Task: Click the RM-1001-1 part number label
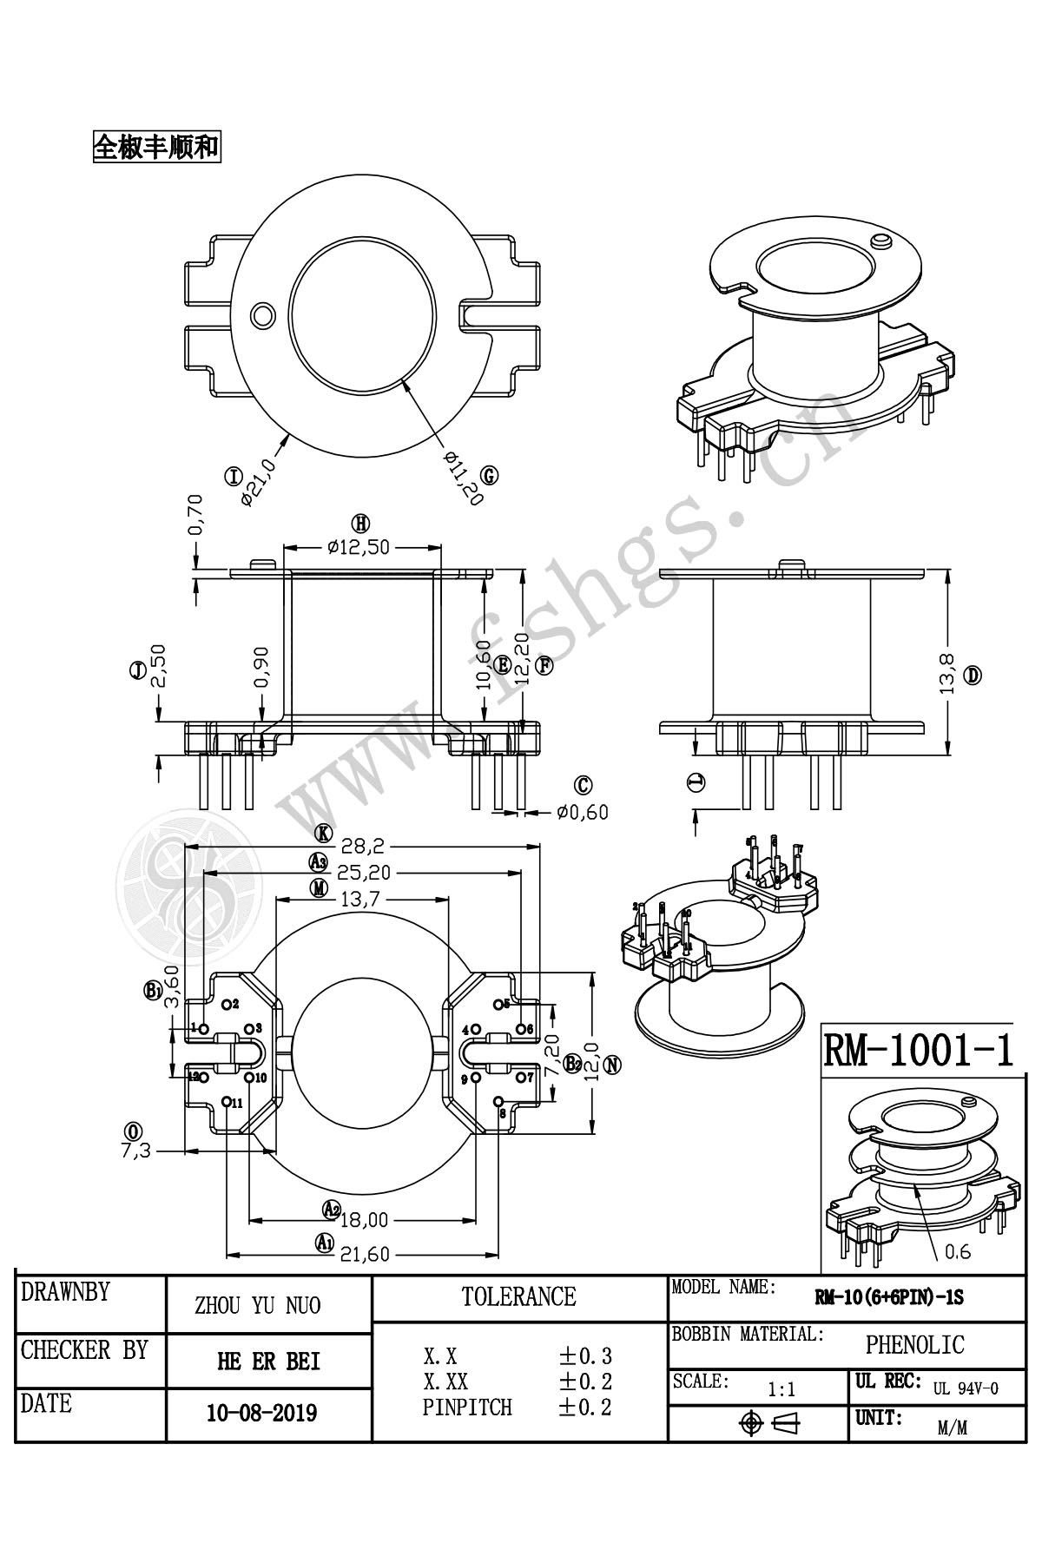pyautogui.click(x=917, y=1050)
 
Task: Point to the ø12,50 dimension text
pyautogui.click(x=359, y=547)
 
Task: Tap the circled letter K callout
pyautogui.click(x=324, y=834)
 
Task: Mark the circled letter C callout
pyautogui.click(x=584, y=786)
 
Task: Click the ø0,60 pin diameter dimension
pyautogui.click(x=583, y=813)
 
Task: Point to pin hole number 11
pyautogui.click(x=227, y=1102)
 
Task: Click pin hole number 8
pyautogui.click(x=498, y=1102)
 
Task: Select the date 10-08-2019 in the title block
pyautogui.click(x=261, y=1413)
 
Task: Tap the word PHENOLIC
pyautogui.click(x=914, y=1345)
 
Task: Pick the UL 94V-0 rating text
pyautogui.click(x=966, y=1388)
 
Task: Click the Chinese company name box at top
pyautogui.click(x=155, y=147)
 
